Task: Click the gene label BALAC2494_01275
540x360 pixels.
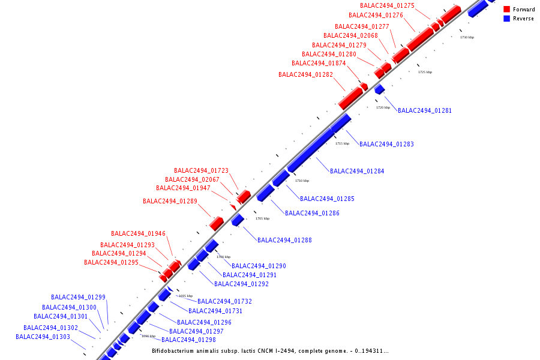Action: click(x=387, y=5)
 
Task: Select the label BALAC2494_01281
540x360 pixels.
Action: click(x=425, y=110)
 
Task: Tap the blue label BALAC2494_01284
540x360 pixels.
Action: click(x=357, y=171)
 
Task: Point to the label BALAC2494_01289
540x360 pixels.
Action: click(x=170, y=201)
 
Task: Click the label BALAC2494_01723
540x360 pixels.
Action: click(x=201, y=170)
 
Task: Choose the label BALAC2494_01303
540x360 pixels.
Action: click(x=43, y=337)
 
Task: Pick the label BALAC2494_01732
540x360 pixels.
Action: click(x=224, y=301)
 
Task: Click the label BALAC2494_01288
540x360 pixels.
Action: click(x=284, y=240)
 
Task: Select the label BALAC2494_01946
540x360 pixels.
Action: click(x=138, y=233)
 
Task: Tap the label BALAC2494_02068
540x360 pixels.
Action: click(x=350, y=35)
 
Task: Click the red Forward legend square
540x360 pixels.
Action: click(x=507, y=10)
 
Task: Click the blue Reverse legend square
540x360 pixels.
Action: click(x=507, y=19)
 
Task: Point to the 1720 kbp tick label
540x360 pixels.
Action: click(x=383, y=107)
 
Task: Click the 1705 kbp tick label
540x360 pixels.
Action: click(x=262, y=218)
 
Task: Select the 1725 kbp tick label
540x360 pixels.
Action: click(x=425, y=72)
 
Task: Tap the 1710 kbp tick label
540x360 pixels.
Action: click(x=302, y=181)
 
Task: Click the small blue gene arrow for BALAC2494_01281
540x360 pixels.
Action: click(x=379, y=89)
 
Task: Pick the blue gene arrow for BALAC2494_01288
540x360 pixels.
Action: click(x=238, y=220)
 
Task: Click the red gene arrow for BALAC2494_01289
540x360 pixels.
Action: click(x=217, y=224)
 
